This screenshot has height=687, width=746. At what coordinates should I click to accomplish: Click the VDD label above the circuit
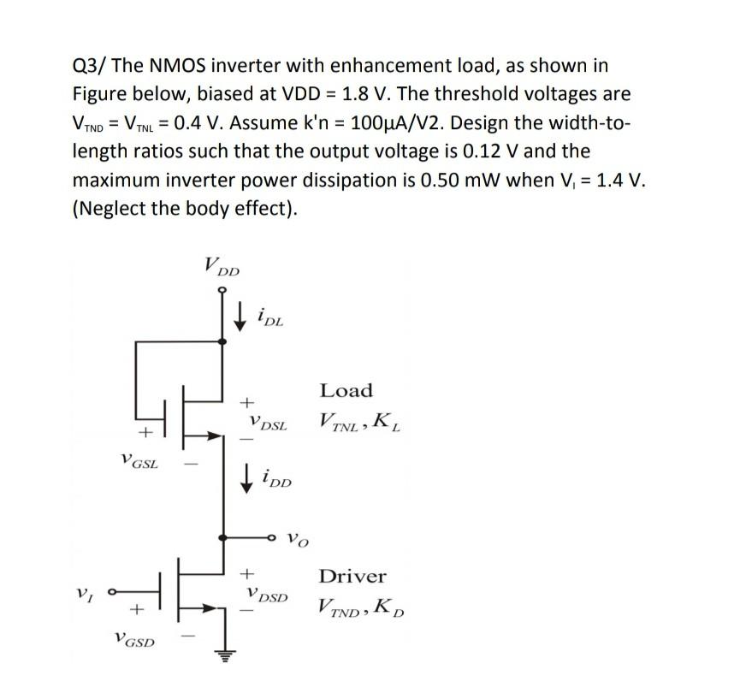pos(222,266)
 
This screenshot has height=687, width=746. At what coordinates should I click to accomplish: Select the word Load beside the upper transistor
pos(346,391)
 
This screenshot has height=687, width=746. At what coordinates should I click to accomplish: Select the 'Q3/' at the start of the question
pos(88,65)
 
